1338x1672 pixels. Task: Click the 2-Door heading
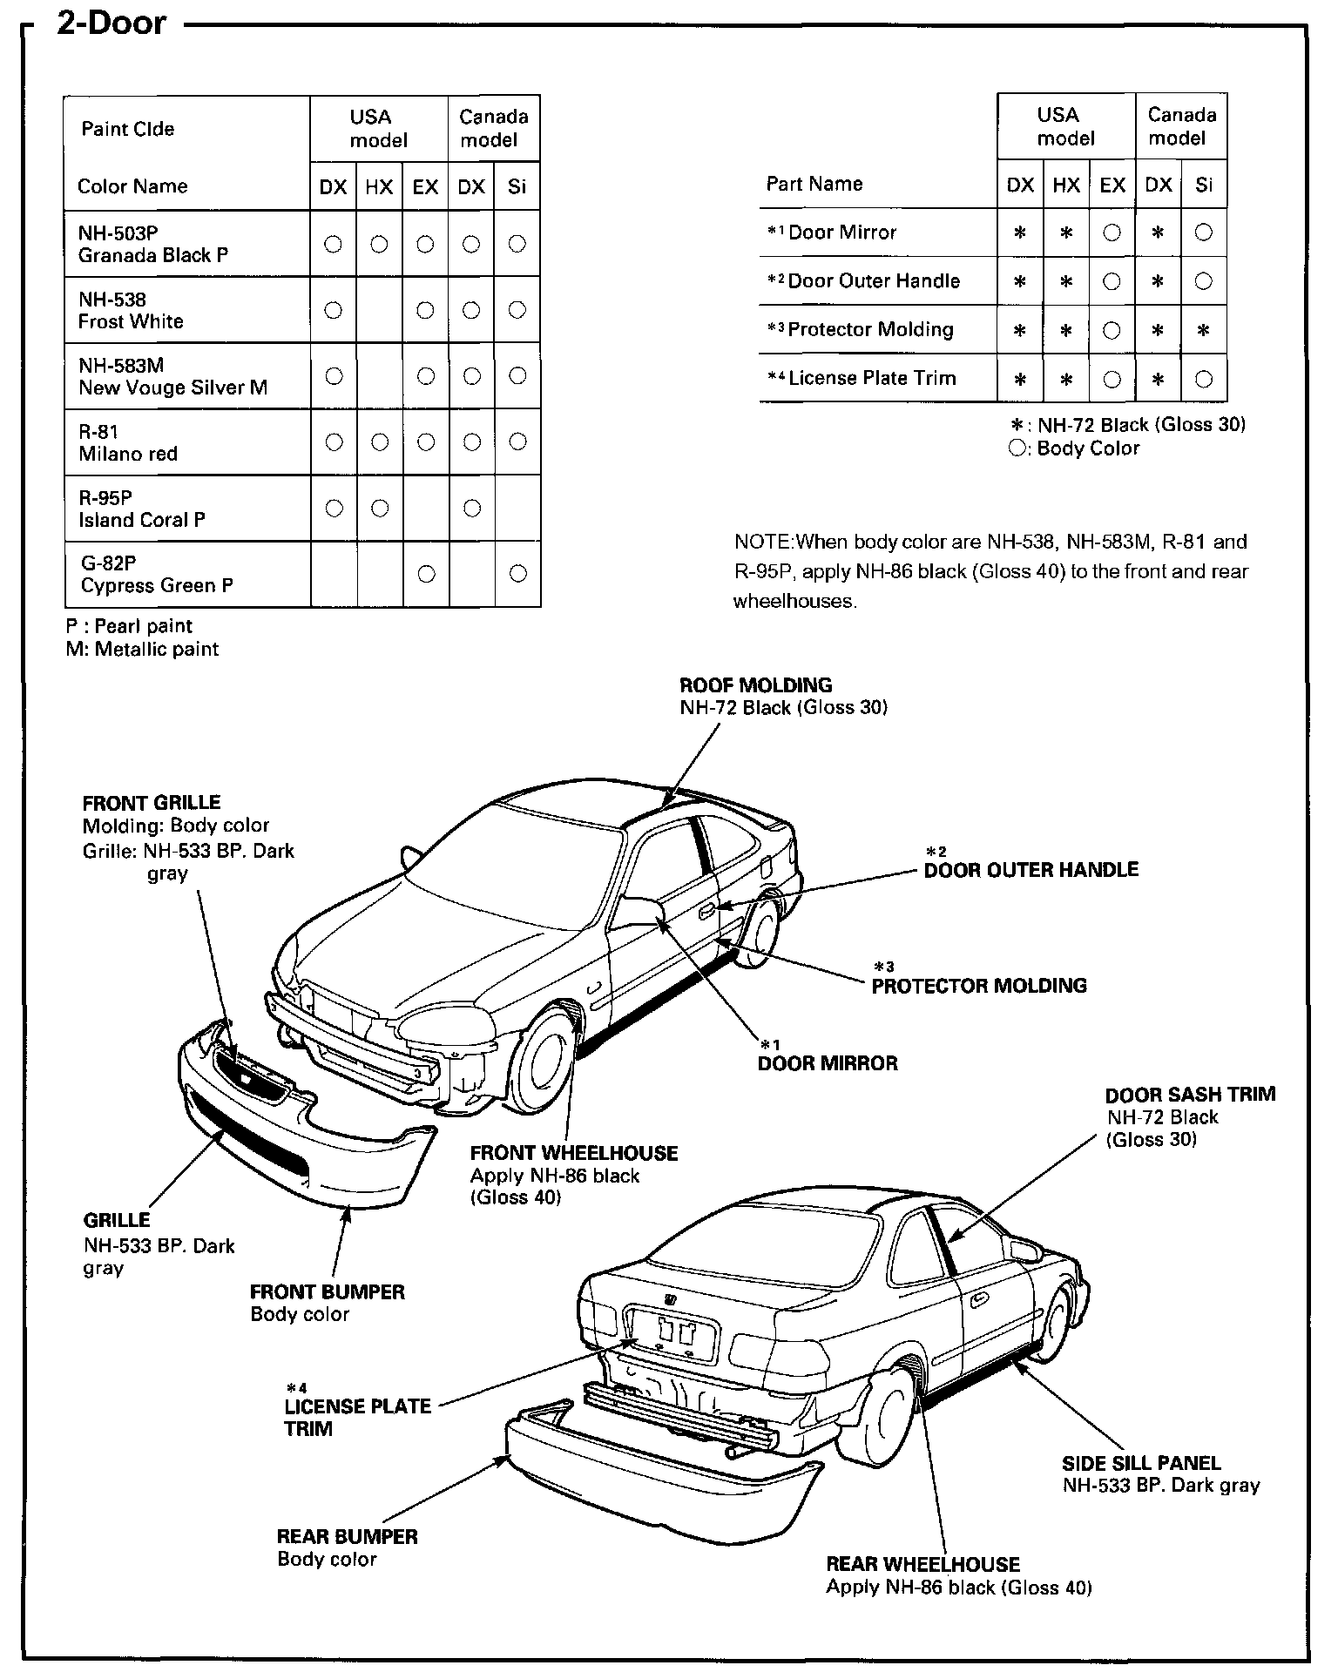111,24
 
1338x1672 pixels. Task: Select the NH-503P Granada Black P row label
152,244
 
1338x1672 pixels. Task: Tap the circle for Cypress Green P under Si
517,573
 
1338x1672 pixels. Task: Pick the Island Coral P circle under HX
379,508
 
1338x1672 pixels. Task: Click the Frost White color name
131,321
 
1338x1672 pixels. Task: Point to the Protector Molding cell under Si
1204,331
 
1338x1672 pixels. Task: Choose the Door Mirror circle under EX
1112,233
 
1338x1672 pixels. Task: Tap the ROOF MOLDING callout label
755,685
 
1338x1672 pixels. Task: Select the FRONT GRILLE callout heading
152,802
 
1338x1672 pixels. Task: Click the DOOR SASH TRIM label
1190,1095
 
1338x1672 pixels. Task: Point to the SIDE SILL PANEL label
1141,1463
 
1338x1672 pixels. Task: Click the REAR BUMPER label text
347,1536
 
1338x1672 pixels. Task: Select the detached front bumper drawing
305,1132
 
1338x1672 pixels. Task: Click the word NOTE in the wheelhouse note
763,542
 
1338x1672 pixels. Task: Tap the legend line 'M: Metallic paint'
142,649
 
